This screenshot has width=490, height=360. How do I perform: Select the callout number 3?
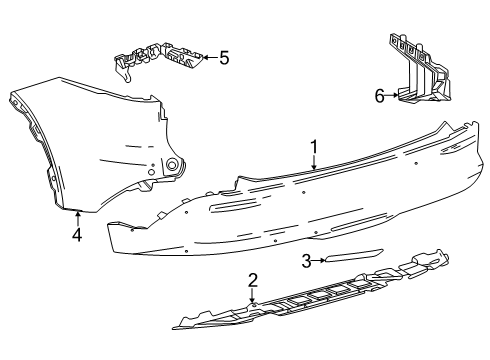tap(307, 261)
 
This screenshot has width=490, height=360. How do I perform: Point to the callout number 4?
tap(77, 236)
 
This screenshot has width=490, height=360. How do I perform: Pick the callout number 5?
tap(223, 58)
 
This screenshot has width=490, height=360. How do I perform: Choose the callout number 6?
tap(380, 96)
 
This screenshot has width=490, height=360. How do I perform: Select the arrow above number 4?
tap(77, 218)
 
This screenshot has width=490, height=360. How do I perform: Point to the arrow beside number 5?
tap(207, 58)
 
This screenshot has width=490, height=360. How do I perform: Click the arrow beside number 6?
tap(395, 96)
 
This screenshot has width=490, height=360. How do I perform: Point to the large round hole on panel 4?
tap(172, 164)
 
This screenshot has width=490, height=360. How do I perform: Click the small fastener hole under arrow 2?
tap(254, 302)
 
